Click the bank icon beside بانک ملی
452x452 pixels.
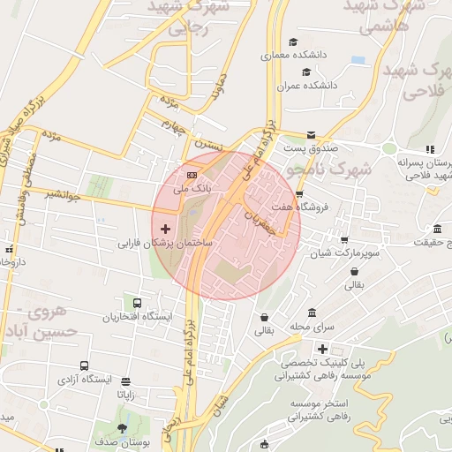[192, 174]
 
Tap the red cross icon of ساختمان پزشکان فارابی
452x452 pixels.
[165, 229]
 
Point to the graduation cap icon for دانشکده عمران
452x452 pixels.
[305, 72]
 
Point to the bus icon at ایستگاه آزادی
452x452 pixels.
[84, 365]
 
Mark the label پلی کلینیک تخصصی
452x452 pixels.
[319, 363]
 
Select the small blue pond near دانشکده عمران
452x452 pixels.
[358, 60]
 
